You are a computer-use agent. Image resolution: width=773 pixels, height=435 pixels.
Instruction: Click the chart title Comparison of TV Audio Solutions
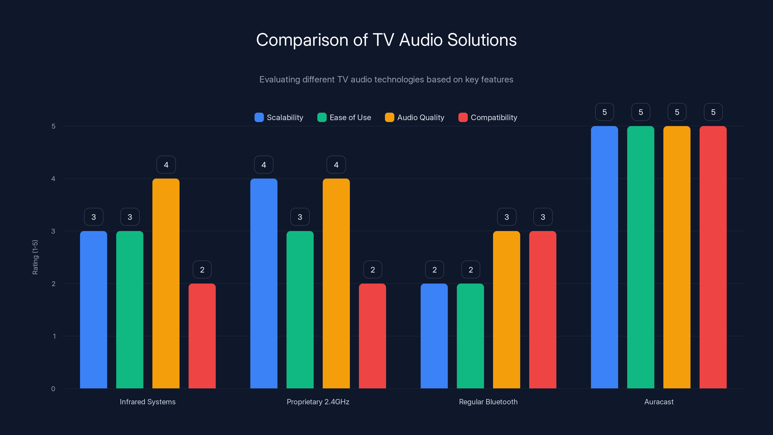(386, 40)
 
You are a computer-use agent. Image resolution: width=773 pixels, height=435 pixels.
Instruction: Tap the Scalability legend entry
(279, 117)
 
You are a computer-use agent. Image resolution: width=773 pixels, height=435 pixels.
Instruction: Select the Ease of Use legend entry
(344, 117)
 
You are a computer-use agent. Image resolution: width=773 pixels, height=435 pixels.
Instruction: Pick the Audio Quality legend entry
(415, 117)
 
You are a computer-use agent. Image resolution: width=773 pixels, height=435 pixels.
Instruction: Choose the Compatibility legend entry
(488, 117)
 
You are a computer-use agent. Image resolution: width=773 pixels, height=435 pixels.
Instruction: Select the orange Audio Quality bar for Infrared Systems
(166, 283)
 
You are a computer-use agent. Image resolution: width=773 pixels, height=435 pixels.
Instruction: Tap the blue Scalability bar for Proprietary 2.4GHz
(264, 283)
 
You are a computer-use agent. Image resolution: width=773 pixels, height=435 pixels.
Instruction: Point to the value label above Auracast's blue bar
(604, 112)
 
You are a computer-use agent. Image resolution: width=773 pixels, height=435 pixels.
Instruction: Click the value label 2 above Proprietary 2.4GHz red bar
(372, 270)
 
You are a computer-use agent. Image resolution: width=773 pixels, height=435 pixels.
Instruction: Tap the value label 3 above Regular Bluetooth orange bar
(507, 217)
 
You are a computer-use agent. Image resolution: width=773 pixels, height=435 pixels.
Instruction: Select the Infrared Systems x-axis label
(148, 402)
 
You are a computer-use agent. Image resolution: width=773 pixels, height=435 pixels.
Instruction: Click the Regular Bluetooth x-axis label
(488, 402)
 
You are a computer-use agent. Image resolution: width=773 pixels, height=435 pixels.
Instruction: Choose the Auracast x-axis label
(659, 402)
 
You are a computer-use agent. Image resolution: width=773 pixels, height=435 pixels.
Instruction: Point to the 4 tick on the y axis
(53, 179)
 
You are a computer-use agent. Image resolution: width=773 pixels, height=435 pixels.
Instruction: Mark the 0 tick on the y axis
(53, 389)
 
